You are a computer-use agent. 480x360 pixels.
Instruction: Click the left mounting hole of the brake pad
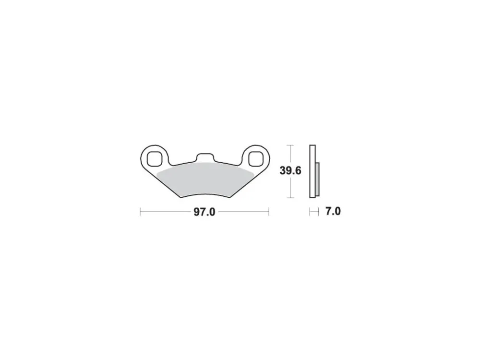[x=154, y=159]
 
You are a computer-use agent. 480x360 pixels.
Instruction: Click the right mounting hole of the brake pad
[x=256, y=159]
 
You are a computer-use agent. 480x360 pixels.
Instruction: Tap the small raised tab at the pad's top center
[x=205, y=157]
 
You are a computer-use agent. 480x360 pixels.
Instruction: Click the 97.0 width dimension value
[x=204, y=212]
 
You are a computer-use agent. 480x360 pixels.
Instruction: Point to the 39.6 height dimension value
[x=290, y=170]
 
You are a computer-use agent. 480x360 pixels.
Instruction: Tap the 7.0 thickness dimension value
[x=333, y=211]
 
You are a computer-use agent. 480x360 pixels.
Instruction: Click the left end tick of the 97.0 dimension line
[x=140, y=212]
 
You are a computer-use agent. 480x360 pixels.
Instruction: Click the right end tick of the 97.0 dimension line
[x=269, y=212]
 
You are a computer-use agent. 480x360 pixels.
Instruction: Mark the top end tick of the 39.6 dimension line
[x=290, y=145]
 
